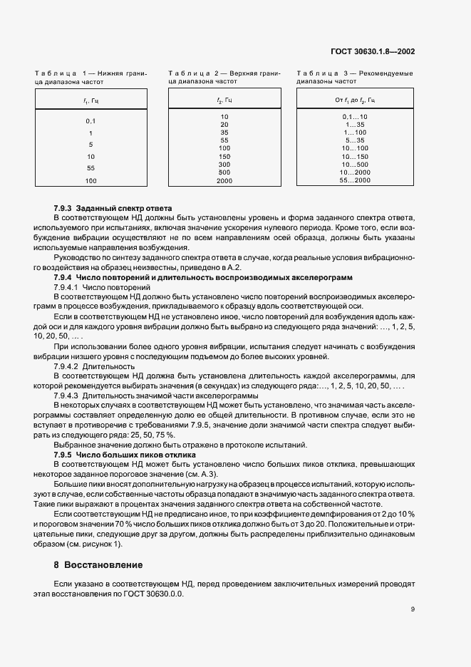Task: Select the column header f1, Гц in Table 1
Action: [x=90, y=101]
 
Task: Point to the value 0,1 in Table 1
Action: [x=90, y=121]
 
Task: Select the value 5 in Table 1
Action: [x=90, y=145]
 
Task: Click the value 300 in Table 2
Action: [x=224, y=165]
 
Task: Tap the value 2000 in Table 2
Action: [x=224, y=181]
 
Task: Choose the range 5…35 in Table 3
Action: [x=355, y=140]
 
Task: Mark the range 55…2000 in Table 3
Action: [x=355, y=180]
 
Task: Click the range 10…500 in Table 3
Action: [x=355, y=164]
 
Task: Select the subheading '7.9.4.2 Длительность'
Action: [x=89, y=366]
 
